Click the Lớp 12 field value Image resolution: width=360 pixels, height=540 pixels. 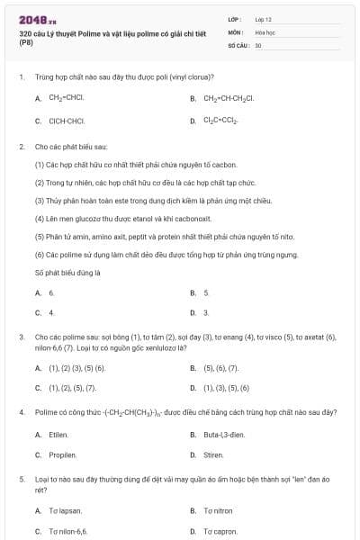[x=264, y=19]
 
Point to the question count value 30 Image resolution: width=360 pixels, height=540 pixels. [x=258, y=44]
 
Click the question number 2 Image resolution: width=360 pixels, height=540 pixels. [x=21, y=145]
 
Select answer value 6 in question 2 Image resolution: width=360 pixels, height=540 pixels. [x=51, y=292]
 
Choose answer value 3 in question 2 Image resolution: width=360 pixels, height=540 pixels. [x=206, y=312]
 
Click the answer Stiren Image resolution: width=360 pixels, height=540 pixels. [x=213, y=454]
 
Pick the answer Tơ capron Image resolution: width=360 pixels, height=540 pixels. [x=220, y=531]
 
